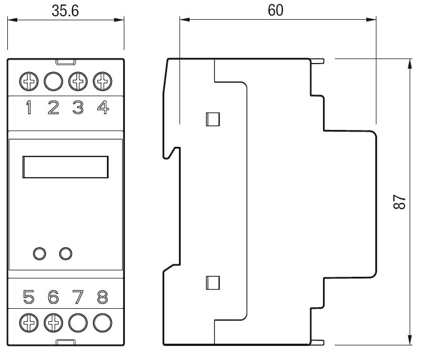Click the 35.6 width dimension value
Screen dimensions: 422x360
[x=65, y=11]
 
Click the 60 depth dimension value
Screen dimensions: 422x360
[x=276, y=10]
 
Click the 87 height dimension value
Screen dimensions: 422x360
[x=399, y=201]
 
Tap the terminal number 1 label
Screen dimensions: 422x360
[x=29, y=107]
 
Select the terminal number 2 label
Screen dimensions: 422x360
[x=53, y=107]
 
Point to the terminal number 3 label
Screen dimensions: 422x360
[x=78, y=107]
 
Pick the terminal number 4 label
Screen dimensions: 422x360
[x=103, y=107]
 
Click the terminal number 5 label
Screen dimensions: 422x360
[x=29, y=297]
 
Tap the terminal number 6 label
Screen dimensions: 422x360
[x=53, y=297]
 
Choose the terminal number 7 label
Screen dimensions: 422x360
[x=78, y=297]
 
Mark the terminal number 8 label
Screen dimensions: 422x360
[x=102, y=297]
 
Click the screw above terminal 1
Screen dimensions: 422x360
[x=29, y=81]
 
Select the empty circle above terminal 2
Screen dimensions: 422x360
[x=53, y=81]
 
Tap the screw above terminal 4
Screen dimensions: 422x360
[x=102, y=81]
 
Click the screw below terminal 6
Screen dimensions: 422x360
[x=53, y=323]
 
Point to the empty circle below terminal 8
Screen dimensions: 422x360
[x=102, y=323]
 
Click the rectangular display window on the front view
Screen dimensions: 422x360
[x=66, y=167]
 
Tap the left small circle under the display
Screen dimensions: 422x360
[x=39, y=254]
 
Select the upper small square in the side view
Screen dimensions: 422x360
[x=213, y=119]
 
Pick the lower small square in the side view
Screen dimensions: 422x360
[x=213, y=283]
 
